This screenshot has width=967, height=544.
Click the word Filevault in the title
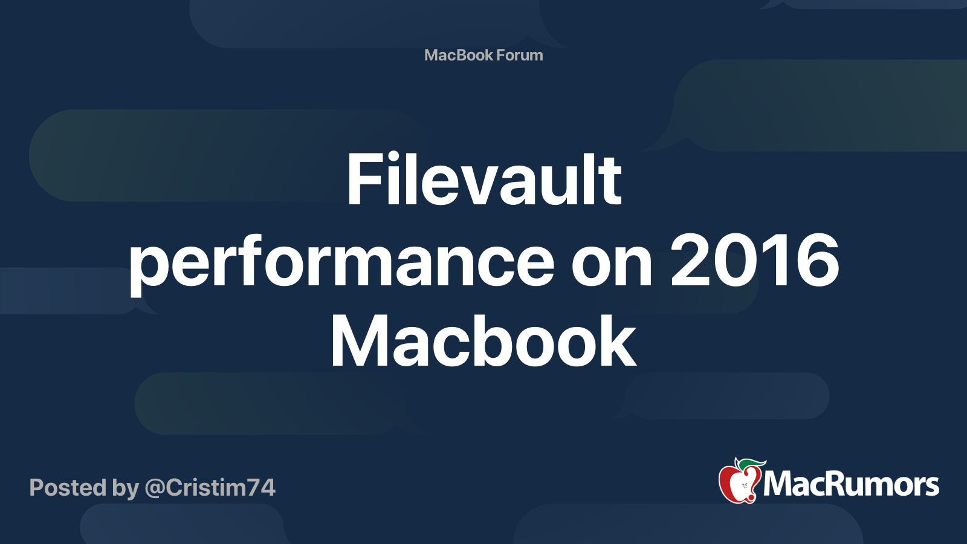coord(483,180)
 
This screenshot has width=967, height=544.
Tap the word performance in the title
coord(341,263)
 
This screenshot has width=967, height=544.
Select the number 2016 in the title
coord(755,261)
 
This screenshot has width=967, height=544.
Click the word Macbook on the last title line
coord(483,342)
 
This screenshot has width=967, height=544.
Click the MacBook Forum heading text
coord(483,55)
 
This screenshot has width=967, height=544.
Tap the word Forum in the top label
coord(520,55)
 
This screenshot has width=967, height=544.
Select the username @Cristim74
coord(210,488)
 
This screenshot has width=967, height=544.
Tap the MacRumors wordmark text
coord(851,485)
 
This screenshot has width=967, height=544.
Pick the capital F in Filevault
coord(361,180)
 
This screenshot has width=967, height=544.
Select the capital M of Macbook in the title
coord(357,342)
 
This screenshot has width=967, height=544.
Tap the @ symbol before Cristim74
coord(154,488)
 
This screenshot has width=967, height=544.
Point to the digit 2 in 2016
coord(691,261)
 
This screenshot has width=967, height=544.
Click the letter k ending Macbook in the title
coord(621,342)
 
